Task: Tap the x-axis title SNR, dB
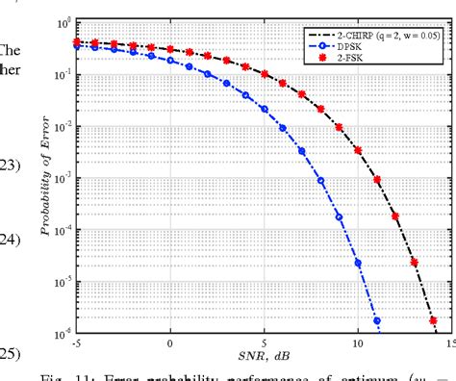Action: (x=263, y=358)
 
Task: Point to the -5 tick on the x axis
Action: (x=76, y=343)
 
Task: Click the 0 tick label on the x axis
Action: (x=170, y=343)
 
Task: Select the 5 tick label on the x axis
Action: (x=264, y=343)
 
